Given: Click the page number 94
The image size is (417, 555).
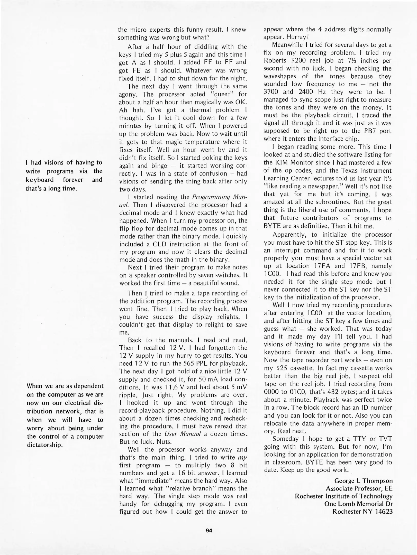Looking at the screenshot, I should pos(209,530).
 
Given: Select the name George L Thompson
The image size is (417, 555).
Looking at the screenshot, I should pos(363,481).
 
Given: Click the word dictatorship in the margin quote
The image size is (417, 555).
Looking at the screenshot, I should pos(45,445).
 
